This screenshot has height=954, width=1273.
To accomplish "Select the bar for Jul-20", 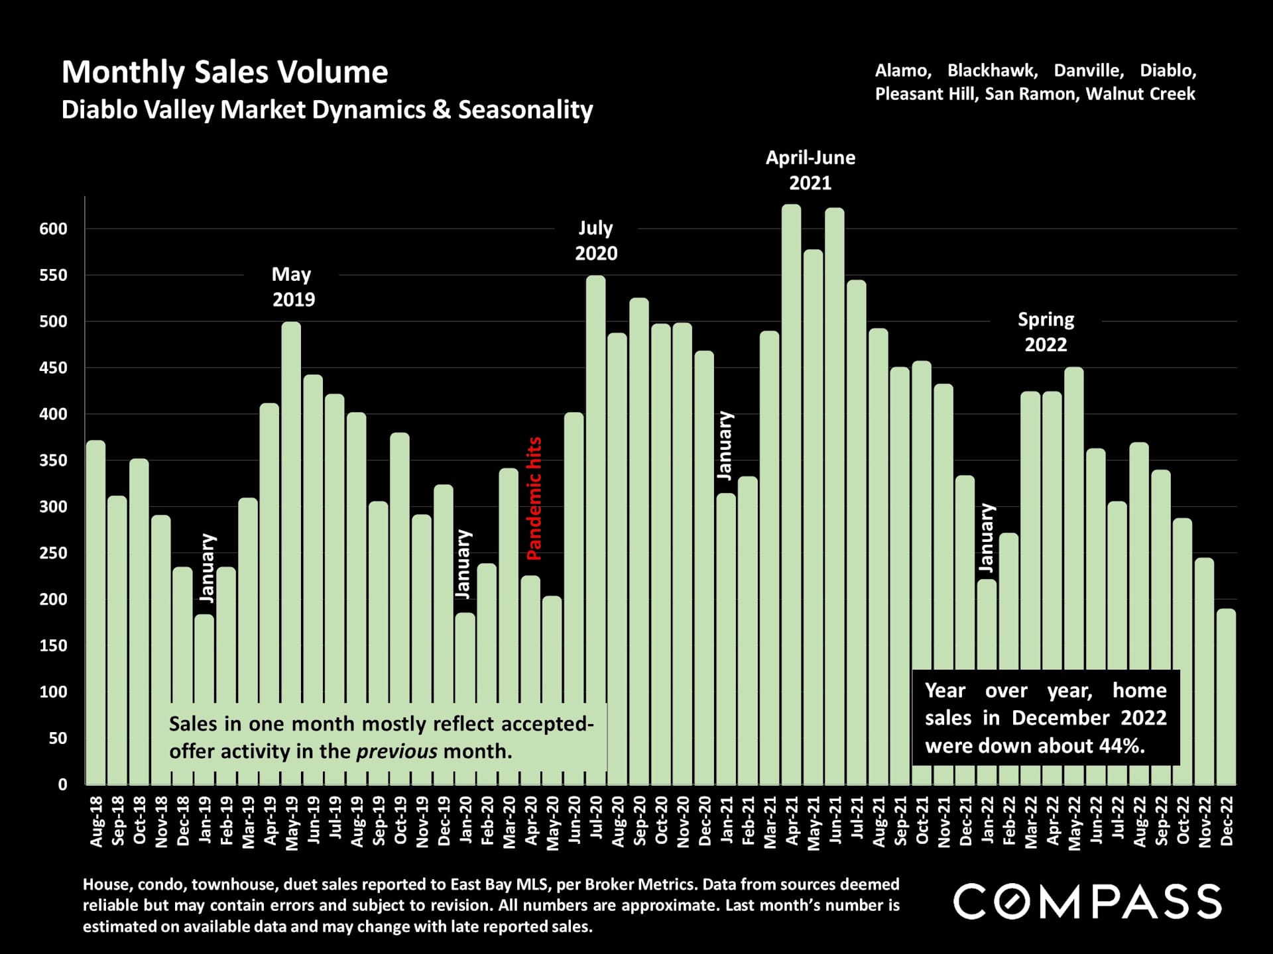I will (x=595, y=530).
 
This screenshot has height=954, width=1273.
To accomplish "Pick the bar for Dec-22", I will (x=1226, y=696).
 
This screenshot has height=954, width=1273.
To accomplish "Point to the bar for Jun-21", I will (x=835, y=497).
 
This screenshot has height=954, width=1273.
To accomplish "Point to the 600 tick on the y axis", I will (x=54, y=229).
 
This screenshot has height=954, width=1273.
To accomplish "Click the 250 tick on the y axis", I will (x=54, y=553).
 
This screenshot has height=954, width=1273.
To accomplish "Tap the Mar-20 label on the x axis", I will (x=509, y=821).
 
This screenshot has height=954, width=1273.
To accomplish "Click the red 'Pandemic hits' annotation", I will (x=534, y=498).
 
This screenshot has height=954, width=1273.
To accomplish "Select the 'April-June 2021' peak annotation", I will (x=810, y=170).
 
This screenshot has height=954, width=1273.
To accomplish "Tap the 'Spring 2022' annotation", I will (x=1046, y=332).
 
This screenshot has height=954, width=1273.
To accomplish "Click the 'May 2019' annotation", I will (x=292, y=287).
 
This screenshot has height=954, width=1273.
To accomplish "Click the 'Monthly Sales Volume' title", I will (x=225, y=72).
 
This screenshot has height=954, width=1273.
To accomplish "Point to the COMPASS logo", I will (x=1087, y=901).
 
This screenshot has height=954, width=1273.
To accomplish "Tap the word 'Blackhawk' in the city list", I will (x=992, y=71).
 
